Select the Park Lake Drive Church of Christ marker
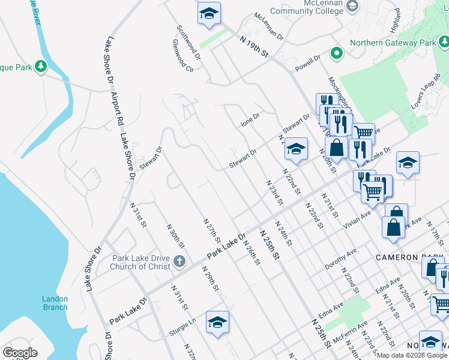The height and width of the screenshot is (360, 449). (179, 261)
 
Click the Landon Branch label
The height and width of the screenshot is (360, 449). (55, 303)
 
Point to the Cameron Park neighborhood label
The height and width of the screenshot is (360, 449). (404, 257)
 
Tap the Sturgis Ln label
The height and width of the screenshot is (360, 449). (184, 326)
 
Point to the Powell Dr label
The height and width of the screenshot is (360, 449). (308, 64)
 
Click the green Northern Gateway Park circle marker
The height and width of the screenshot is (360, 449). (337, 53)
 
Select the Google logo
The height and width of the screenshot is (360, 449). (20, 353)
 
